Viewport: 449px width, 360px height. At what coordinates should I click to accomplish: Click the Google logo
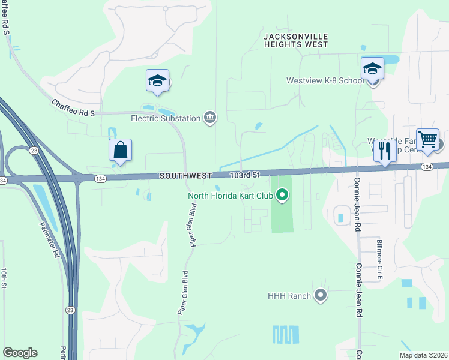coord(20,353)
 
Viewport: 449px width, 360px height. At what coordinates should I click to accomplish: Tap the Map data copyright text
coord(423,355)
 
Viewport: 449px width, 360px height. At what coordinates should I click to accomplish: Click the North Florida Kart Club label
coord(231,195)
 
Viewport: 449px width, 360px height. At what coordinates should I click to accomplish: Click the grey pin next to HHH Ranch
coord(320,295)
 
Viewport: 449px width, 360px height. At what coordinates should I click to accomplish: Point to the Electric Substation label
coord(166,118)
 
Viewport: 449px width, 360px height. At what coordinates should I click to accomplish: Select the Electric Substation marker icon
coord(210,117)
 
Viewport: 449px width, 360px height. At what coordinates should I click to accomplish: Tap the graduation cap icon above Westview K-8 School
coord(372,68)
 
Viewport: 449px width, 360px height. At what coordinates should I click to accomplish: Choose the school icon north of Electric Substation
coord(157,80)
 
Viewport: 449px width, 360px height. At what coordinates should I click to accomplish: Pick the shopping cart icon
coord(427,139)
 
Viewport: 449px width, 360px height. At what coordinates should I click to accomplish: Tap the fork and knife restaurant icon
coord(383,151)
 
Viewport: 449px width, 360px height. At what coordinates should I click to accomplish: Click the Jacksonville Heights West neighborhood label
coord(296,40)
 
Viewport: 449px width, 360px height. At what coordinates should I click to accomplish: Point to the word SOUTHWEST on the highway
coord(185,176)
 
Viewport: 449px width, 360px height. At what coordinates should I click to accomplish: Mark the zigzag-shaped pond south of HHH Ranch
coord(285,334)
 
